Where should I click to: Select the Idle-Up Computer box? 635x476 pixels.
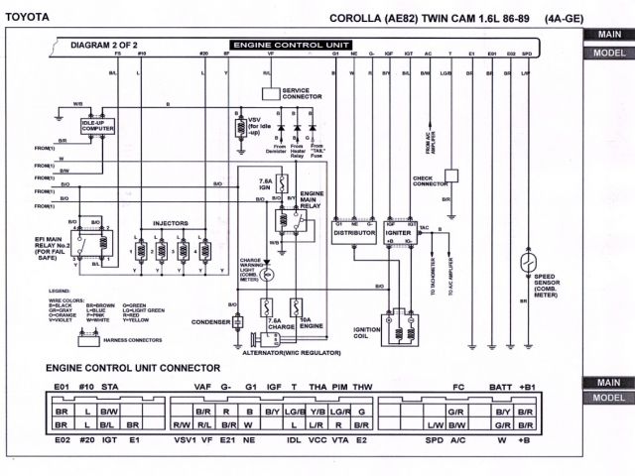coord(97,125)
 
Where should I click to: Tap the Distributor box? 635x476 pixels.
coord(354,231)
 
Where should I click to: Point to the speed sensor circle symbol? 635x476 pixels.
coord(527,262)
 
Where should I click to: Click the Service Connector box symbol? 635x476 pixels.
coord(270,92)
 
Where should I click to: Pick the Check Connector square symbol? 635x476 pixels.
coord(451,176)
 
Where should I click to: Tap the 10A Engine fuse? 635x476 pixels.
coord(295,308)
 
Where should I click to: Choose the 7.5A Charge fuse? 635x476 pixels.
coord(266,308)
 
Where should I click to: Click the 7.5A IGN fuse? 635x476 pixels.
coord(281,185)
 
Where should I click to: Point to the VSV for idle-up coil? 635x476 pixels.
coord(239,126)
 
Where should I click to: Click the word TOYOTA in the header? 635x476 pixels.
coord(33,19)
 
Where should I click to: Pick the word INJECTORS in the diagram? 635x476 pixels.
coord(170,224)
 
